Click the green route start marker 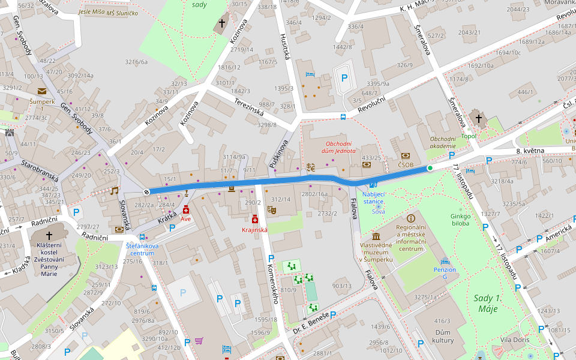click(x=430, y=168)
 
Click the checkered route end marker click(x=146, y=192)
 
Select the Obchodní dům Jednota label click(x=338, y=148)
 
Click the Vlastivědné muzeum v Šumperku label click(x=376, y=252)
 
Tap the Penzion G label click(x=445, y=274)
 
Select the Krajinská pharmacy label click(x=254, y=230)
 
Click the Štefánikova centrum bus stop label click(x=142, y=249)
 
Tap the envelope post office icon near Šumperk click(x=41, y=91)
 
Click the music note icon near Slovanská click(x=114, y=191)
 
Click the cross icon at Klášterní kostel click(x=49, y=236)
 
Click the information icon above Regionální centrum click(x=411, y=218)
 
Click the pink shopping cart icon click(x=199, y=341)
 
